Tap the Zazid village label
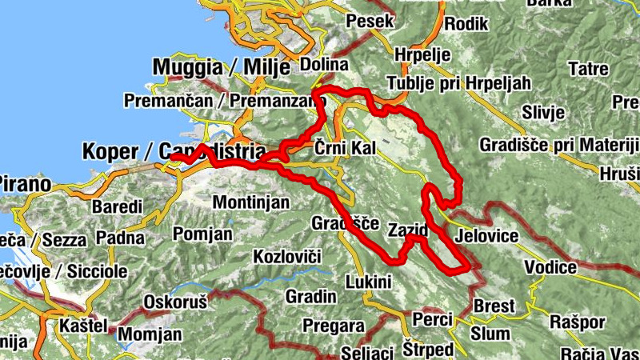406,230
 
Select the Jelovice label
486,237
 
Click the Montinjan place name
251,202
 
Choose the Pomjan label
202,234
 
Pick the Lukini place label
368,282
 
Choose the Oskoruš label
174,302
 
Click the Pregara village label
334,326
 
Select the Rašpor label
575,322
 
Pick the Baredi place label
117,206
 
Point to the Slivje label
544,112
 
